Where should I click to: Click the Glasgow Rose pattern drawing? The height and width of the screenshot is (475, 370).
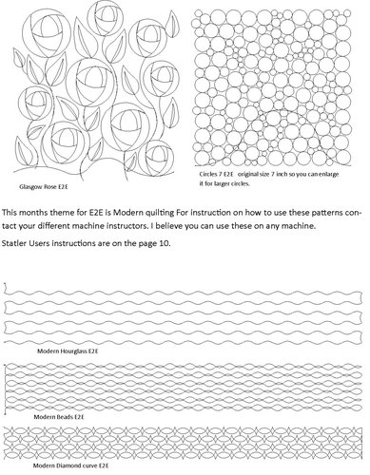[x=95, y=90]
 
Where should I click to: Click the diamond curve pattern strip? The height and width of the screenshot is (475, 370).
[x=185, y=446]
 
